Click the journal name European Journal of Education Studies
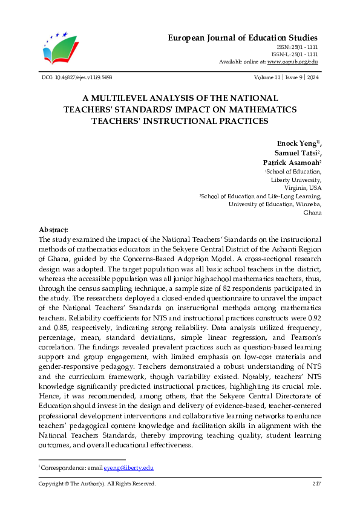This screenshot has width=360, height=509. pos(242,38)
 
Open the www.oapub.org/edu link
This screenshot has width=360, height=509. pos(292,62)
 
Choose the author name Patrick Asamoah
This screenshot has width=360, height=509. pos(290,163)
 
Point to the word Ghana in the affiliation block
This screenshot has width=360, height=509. pos(312,213)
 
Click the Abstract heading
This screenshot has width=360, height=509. pos(54,230)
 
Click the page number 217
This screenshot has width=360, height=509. pos(316,484)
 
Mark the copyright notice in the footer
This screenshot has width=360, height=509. pos(97,484)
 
